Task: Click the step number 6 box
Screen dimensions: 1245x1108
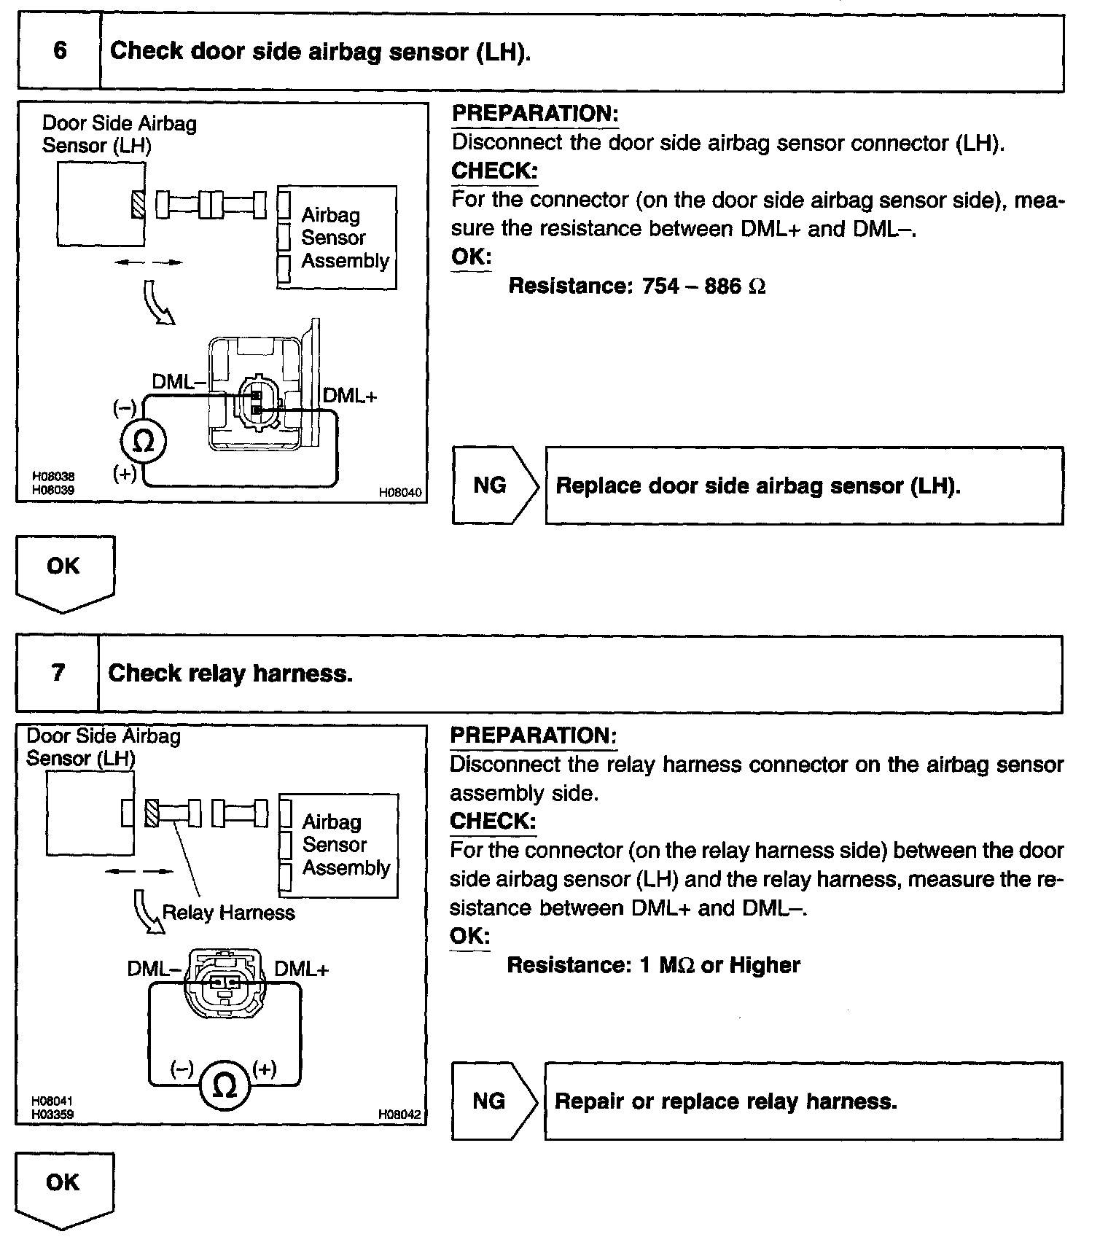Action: pyautogui.click(x=59, y=52)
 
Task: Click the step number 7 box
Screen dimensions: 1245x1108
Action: pyautogui.click(x=58, y=673)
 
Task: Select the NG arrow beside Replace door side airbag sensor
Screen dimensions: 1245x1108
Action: pyautogui.click(x=495, y=485)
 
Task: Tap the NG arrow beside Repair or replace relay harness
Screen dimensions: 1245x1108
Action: pyautogui.click(x=493, y=1101)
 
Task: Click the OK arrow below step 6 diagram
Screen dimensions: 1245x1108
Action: pyautogui.click(x=64, y=573)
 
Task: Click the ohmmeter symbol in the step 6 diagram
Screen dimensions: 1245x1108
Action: pyautogui.click(x=144, y=441)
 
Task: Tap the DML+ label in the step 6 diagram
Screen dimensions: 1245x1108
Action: pyautogui.click(x=349, y=396)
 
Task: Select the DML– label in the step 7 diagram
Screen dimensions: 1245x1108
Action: pyautogui.click(x=154, y=969)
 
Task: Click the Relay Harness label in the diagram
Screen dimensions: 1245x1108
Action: pyautogui.click(x=228, y=913)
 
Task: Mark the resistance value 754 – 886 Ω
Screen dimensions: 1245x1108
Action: pyautogui.click(x=703, y=286)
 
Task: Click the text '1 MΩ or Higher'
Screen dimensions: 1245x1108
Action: pyautogui.click(x=719, y=965)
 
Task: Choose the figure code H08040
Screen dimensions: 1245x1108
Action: pyautogui.click(x=399, y=493)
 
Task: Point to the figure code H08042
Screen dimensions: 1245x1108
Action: pyautogui.click(x=399, y=1114)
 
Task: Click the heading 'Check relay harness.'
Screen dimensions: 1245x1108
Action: pyautogui.click(x=230, y=673)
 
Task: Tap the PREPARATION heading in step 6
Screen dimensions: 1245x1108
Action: pyautogui.click(x=534, y=114)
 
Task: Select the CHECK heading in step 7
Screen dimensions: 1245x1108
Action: pyautogui.click(x=493, y=821)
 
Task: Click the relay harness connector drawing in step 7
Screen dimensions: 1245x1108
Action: pyautogui.click(x=224, y=984)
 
